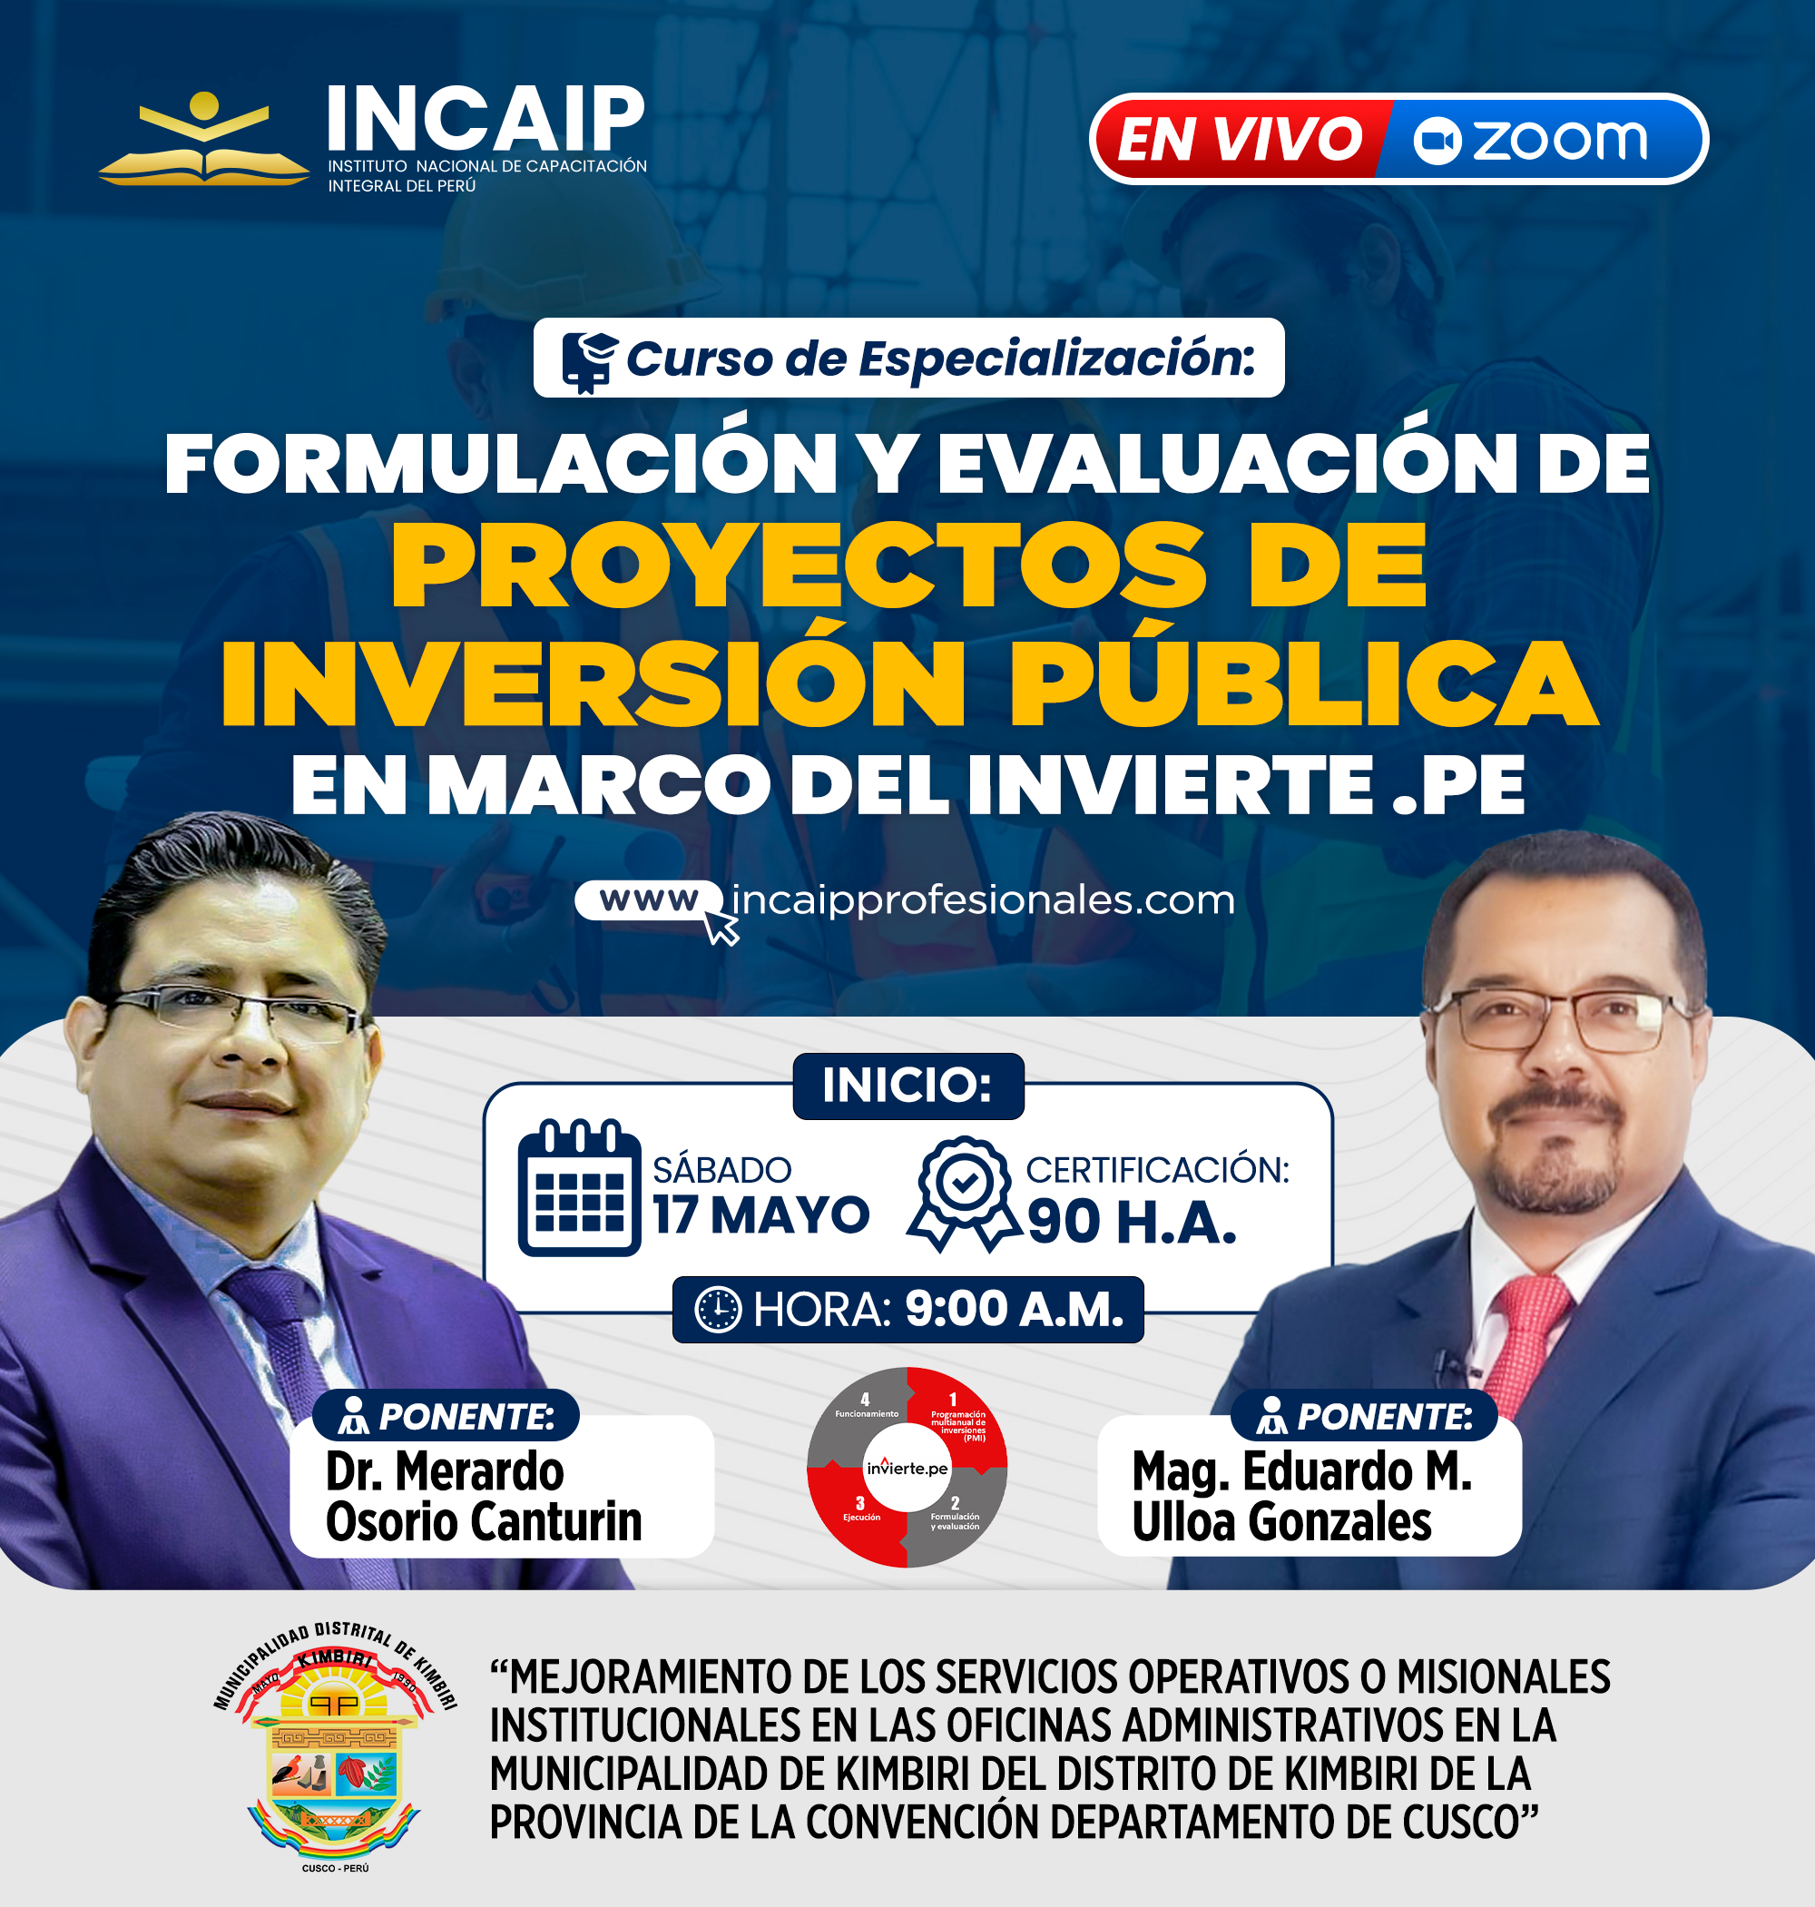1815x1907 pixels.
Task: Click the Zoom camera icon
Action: (1437, 142)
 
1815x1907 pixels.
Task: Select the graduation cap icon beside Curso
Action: (589, 360)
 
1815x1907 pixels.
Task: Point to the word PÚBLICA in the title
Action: (1301, 683)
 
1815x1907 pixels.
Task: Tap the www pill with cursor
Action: (650, 901)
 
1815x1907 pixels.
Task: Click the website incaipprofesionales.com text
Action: (982, 900)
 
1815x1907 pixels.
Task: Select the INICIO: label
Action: (907, 1086)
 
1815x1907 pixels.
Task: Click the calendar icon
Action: (579, 1188)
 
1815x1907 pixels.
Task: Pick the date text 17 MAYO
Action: (760, 1215)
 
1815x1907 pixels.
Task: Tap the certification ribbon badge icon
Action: (964, 1193)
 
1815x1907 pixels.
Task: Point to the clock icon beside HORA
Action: (718, 1310)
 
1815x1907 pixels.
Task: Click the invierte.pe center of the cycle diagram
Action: (907, 1468)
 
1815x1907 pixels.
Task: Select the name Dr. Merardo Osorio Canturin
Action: (484, 1496)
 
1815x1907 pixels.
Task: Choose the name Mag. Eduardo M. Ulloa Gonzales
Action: (1301, 1496)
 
